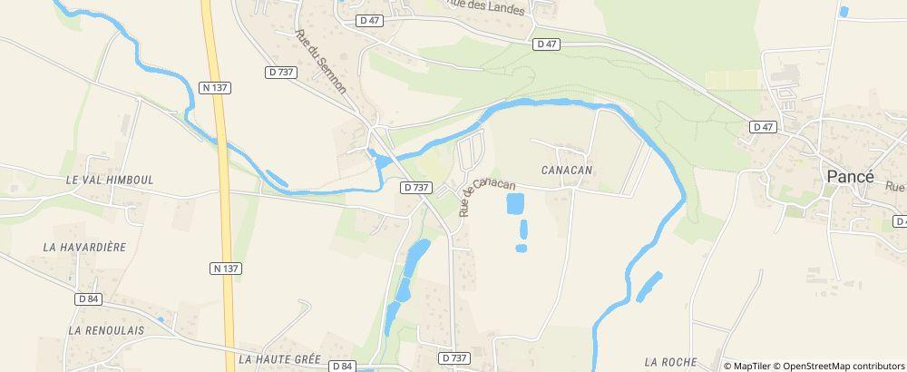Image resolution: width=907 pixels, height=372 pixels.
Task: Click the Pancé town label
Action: pos(849,178)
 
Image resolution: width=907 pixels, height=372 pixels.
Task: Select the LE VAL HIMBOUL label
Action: pos(110,180)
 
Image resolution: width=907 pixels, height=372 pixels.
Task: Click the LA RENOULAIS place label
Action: pos(106,330)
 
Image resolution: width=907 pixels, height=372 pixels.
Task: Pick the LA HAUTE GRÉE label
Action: pos(279,359)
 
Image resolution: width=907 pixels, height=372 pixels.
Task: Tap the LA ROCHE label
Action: pos(669,361)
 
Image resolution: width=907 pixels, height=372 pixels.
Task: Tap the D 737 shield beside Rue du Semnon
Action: pos(283,71)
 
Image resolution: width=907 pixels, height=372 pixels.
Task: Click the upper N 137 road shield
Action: pos(215,87)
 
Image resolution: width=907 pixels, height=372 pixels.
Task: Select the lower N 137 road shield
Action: pos(226,268)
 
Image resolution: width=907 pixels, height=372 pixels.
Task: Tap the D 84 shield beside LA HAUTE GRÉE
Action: pos(342,366)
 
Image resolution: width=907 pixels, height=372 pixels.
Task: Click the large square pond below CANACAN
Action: pos(514,203)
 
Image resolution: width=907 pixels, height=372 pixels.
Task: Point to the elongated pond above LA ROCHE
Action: pos(649,287)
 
